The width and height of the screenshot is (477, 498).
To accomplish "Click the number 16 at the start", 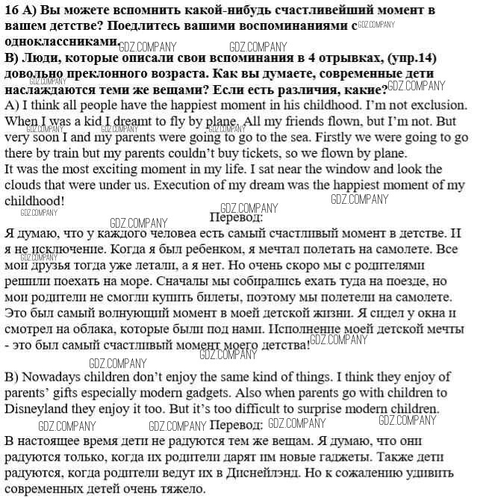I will coord(11,10).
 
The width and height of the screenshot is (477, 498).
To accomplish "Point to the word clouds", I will coord(25,184).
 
